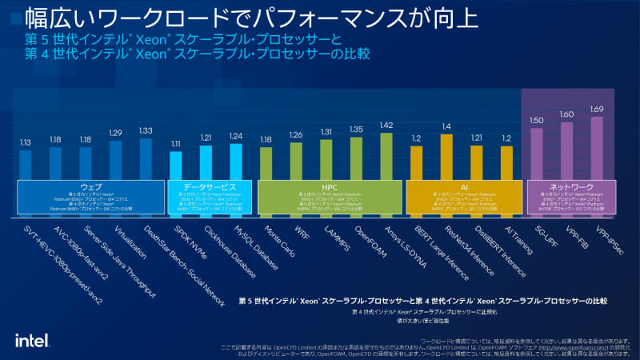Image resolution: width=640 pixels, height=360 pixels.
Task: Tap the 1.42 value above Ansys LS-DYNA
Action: pyautogui.click(x=386, y=125)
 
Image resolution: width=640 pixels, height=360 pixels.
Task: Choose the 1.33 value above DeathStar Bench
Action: pyautogui.click(x=146, y=131)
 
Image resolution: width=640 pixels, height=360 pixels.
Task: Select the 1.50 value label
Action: pyautogui.click(x=537, y=120)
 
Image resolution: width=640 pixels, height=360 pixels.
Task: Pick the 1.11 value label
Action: pyautogui.click(x=176, y=143)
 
